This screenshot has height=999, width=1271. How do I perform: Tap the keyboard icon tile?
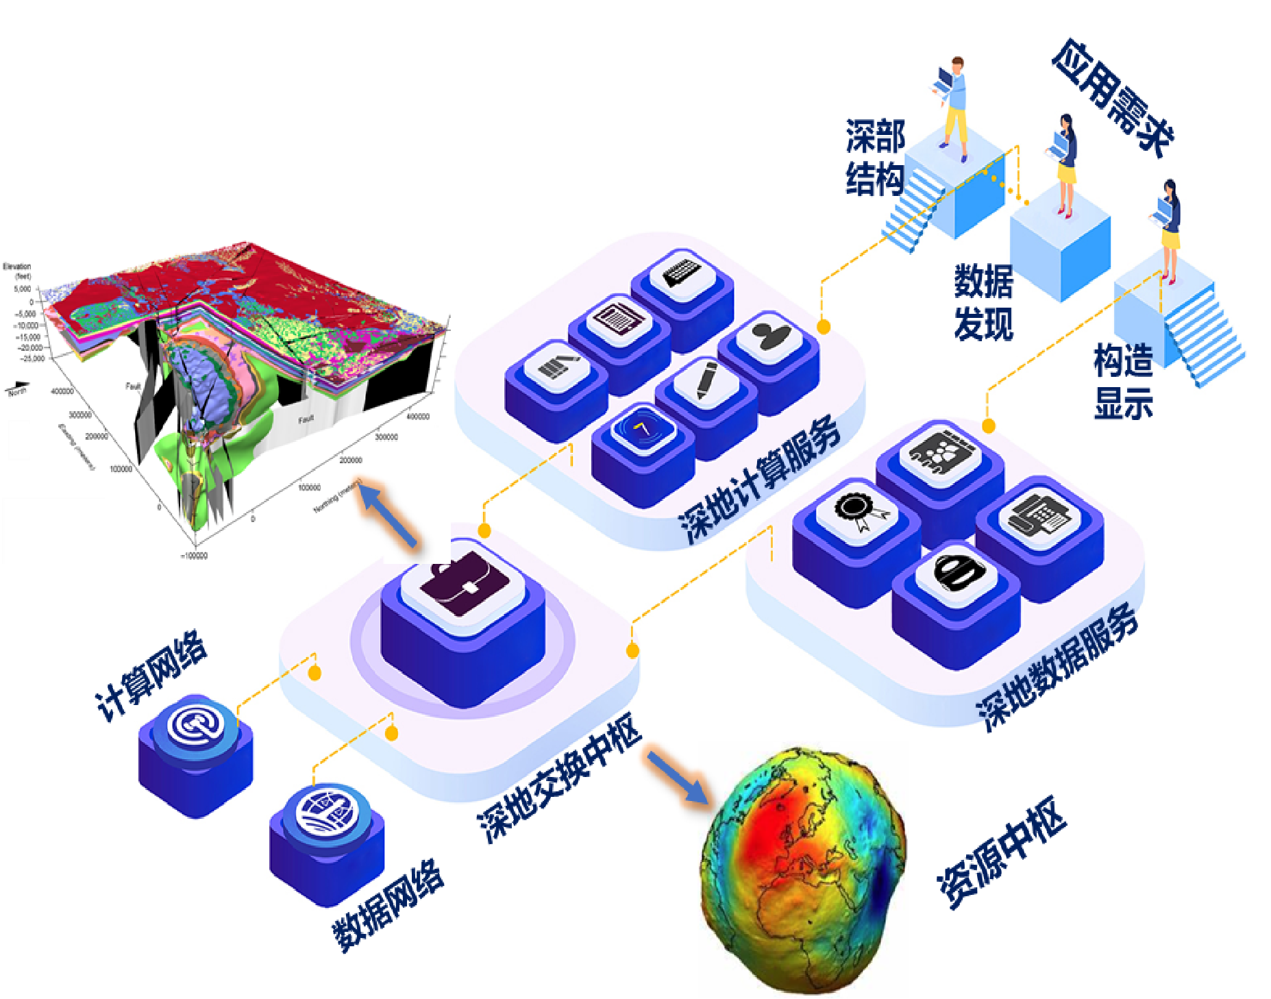[682, 275]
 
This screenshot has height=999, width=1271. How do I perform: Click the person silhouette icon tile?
[769, 336]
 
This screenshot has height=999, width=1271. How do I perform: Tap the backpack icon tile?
[957, 573]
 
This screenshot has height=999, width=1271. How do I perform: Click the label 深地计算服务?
[760, 479]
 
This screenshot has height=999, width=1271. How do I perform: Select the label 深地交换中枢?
[559, 777]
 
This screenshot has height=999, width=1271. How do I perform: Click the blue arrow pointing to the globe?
[677, 777]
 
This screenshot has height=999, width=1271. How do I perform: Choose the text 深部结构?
[875, 158]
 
